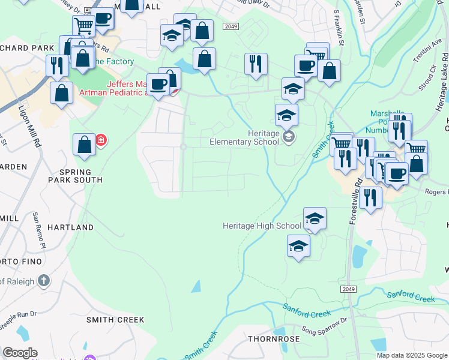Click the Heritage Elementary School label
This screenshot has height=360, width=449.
click(244, 137)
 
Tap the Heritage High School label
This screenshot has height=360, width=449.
click(262, 226)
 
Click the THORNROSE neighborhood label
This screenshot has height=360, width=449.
click(274, 339)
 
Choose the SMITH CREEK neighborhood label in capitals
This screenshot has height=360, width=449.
click(115, 320)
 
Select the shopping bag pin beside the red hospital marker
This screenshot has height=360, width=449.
click(84, 145)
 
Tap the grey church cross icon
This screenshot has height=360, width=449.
click(43, 281)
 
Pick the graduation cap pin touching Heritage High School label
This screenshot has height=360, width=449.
click(315, 218)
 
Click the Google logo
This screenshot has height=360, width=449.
click(20, 353)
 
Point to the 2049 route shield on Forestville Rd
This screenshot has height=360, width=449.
click(351, 289)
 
